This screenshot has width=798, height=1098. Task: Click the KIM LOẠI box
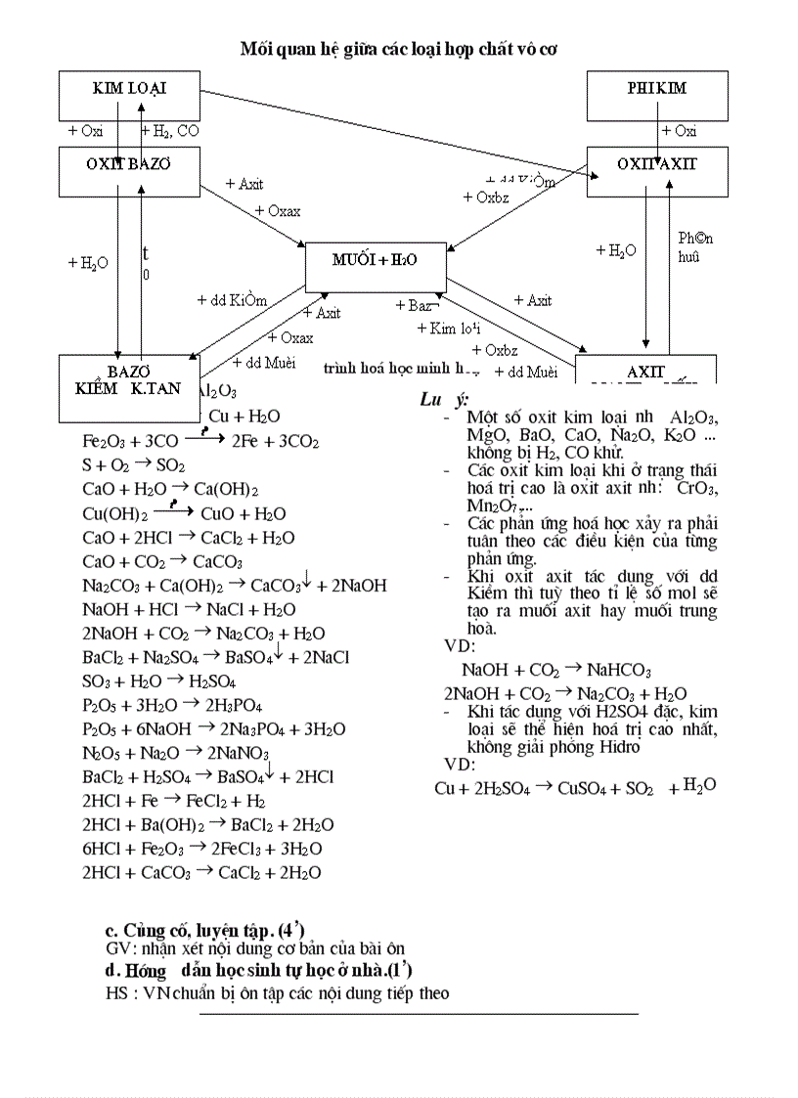pos(129,95)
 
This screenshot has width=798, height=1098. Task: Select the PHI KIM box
pos(656,95)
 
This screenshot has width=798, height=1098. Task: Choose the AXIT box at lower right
pos(645,372)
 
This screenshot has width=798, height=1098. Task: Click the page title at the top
pos(399,48)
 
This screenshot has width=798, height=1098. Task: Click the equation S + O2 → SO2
pos(133,465)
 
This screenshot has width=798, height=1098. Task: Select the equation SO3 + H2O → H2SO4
pos(158,681)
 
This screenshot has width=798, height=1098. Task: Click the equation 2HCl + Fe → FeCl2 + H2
pos(174,801)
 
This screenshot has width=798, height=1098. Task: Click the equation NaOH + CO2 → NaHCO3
pos(556,670)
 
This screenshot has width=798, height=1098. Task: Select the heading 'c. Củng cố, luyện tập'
pos(209,929)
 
